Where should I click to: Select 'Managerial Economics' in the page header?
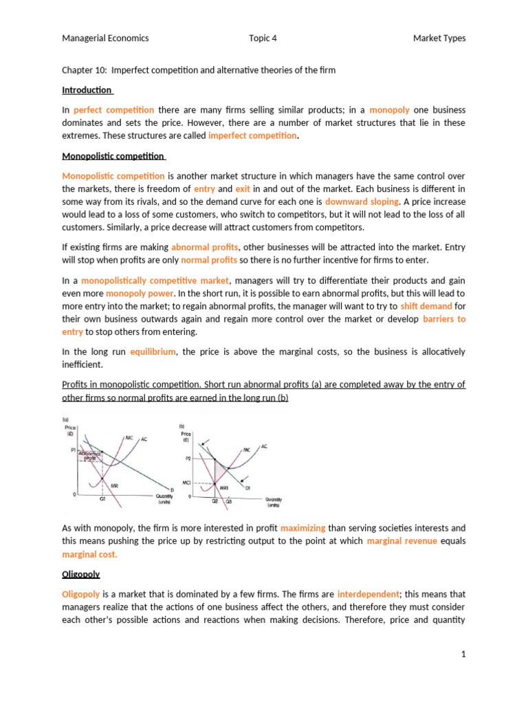(x=105, y=38)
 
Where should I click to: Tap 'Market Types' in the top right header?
(x=439, y=38)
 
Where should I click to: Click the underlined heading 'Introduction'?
(x=87, y=90)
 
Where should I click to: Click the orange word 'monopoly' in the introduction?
(x=389, y=110)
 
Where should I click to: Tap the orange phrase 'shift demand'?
(x=426, y=306)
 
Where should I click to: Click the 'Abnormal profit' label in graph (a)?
(x=91, y=456)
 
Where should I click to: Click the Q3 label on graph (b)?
(x=228, y=501)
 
